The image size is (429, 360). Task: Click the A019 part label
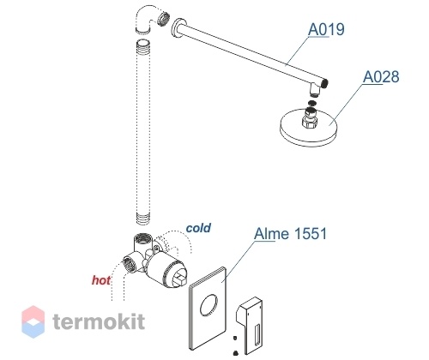pyautogui.click(x=326, y=29)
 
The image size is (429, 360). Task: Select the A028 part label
pyautogui.click(x=381, y=76)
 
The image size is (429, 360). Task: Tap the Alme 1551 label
pyautogui.click(x=290, y=234)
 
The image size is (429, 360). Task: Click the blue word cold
pyautogui.click(x=198, y=228)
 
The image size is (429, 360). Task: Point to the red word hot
pyautogui.click(x=101, y=280)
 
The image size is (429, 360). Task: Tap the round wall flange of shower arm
pyautogui.click(x=178, y=29)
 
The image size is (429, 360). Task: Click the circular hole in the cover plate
pyautogui.click(x=208, y=305)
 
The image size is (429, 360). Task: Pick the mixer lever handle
pyautogui.click(x=250, y=325)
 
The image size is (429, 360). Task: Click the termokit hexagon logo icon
pyautogui.click(x=33, y=321)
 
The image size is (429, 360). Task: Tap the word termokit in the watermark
pyautogui.click(x=99, y=321)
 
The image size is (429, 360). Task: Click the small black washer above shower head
pyautogui.click(x=312, y=102)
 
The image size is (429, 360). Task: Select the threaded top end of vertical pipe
pyautogui.click(x=142, y=45)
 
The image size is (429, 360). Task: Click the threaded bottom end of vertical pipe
pyautogui.click(x=142, y=219)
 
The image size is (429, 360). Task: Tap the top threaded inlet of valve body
pyautogui.click(x=142, y=238)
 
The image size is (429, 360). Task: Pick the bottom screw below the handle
pyautogui.click(x=235, y=353)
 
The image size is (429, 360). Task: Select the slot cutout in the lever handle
pyautogui.click(x=257, y=334)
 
